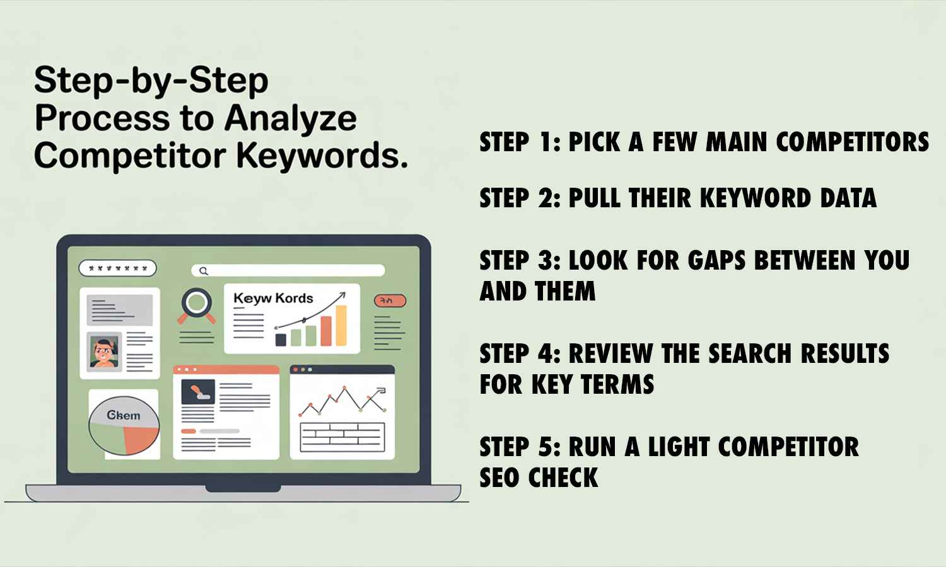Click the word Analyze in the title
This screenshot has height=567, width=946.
coord(291,118)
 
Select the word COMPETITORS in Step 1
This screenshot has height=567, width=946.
coord(852,142)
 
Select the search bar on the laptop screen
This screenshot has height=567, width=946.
coord(288,271)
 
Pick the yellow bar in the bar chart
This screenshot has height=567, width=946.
coord(341,326)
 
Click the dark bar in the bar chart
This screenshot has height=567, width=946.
coord(281,340)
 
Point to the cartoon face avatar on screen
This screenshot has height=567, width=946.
coord(103,352)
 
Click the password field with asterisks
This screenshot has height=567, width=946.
coord(117,268)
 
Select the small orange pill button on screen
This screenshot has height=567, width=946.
coord(390,301)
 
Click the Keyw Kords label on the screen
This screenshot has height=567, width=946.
coord(273,298)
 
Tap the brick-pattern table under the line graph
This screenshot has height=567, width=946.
coord(342,437)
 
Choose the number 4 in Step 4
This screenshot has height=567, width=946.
coord(546,354)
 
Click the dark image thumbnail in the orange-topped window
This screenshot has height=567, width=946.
coord(198,392)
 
